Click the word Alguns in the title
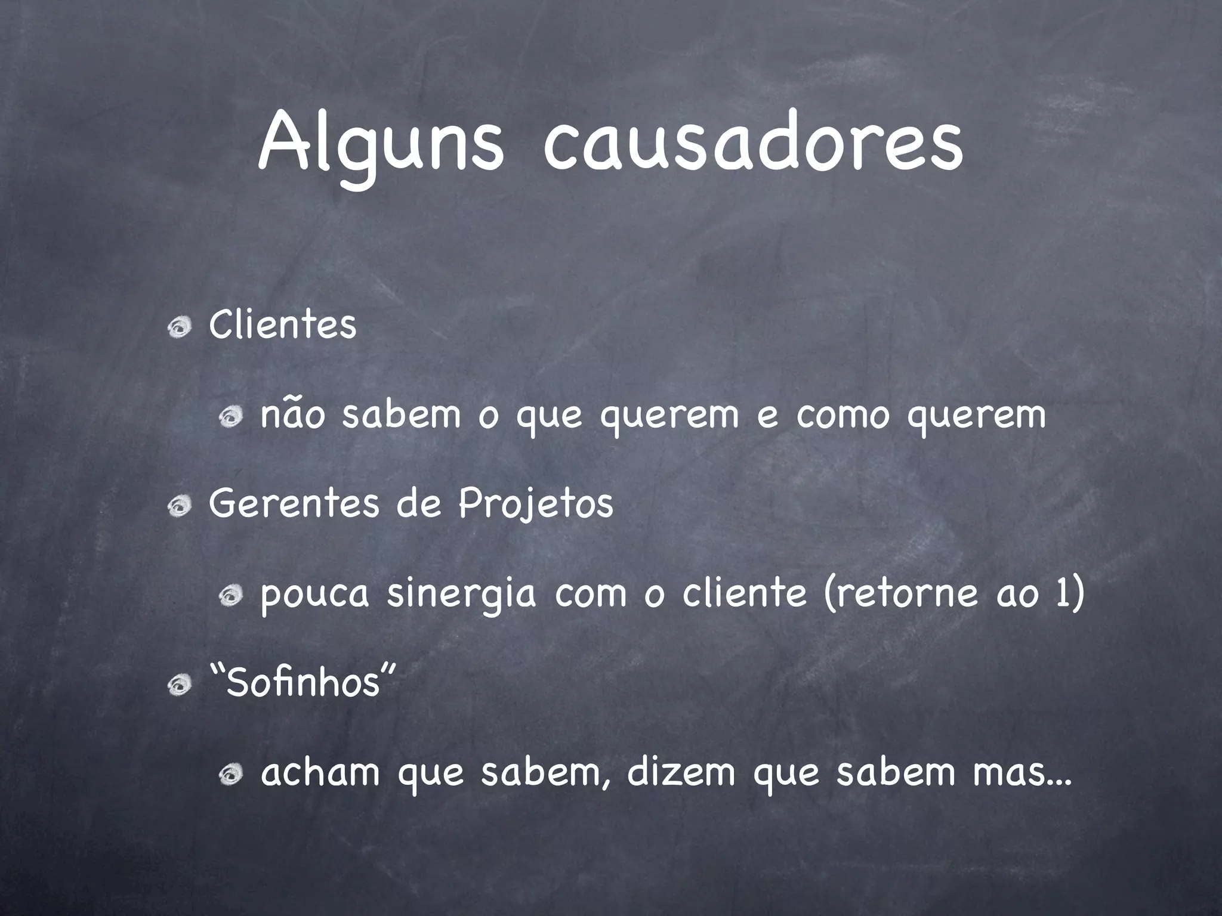[381, 146]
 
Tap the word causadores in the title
[753, 146]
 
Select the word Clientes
[283, 326]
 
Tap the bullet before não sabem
[230, 416]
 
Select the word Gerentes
[294, 504]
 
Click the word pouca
[315, 595]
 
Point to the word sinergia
[461, 595]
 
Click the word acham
[320, 773]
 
